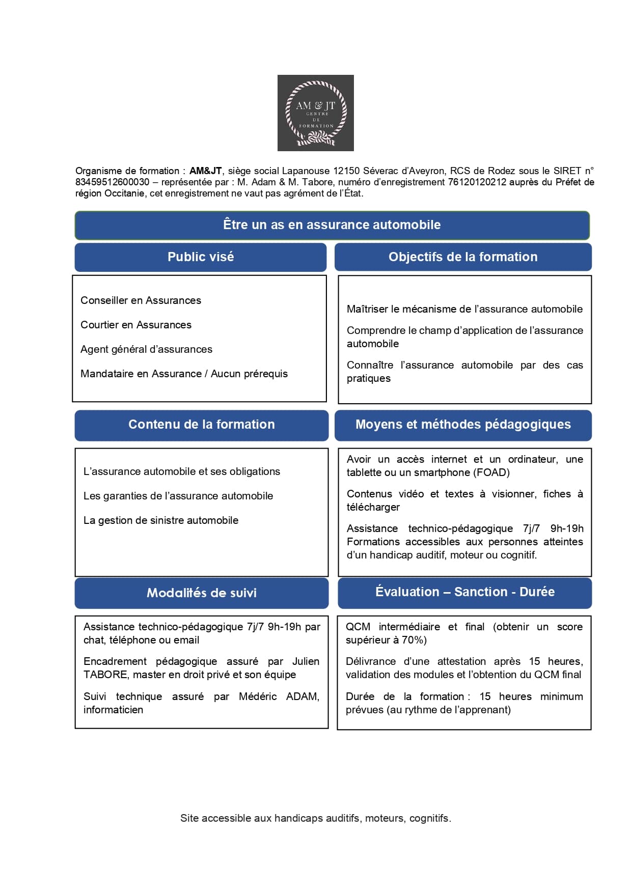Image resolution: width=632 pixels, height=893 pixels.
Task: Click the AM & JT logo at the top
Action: point(315,113)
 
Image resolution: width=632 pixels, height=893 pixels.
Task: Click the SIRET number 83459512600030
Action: point(113,182)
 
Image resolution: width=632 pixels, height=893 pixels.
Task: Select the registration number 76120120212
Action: point(477,182)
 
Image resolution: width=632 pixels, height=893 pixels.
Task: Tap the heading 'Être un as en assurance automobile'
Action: point(332,225)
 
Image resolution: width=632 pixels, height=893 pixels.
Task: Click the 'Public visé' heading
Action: point(201,257)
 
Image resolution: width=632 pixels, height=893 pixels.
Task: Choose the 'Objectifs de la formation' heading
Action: point(463,257)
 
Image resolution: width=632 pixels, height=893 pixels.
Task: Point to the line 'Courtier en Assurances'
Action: point(136,325)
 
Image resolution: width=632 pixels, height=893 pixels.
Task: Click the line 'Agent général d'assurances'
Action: point(146,349)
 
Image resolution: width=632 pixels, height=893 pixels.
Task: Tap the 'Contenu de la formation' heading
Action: point(201,425)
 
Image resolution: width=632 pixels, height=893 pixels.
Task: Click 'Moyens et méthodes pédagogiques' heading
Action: point(463,425)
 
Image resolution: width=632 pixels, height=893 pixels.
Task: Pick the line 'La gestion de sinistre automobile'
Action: point(161,520)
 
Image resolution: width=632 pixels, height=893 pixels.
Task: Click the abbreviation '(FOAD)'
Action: point(491,472)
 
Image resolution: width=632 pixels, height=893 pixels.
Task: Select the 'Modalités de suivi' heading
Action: point(201,593)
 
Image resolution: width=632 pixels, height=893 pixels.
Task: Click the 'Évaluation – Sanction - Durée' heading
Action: point(465,592)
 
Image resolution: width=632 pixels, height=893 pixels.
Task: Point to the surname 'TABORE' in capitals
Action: point(105,675)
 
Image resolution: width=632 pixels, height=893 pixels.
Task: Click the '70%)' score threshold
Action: point(414,640)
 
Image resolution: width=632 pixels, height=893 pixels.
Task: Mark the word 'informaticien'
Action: point(113,710)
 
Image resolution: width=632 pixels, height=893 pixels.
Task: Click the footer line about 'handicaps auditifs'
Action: point(316,818)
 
